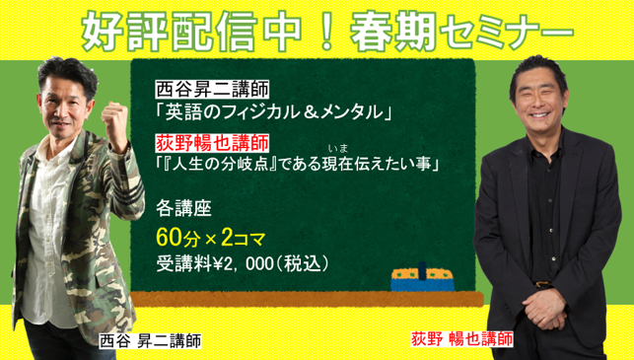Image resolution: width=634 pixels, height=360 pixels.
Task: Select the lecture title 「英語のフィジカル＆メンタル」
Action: click(268, 109)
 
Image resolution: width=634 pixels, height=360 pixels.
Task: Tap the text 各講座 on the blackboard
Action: click(182, 209)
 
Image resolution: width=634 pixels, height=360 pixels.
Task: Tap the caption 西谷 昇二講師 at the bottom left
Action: click(150, 341)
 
